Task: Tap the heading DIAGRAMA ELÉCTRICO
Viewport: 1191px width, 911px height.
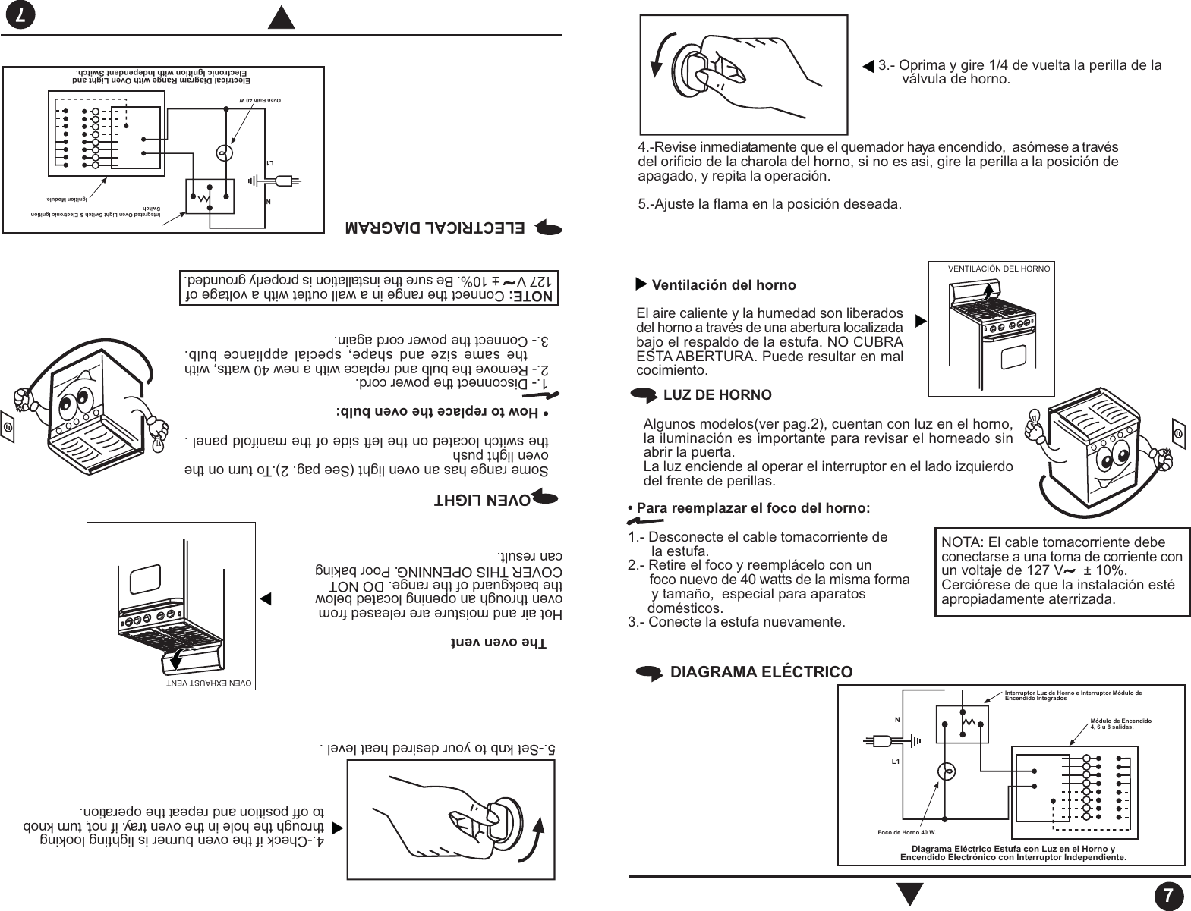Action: coord(761,672)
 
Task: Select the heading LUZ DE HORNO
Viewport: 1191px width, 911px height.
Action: coord(717,395)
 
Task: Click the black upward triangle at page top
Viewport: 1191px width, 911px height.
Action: coord(282,17)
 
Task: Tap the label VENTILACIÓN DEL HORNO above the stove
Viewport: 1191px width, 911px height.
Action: coord(999,269)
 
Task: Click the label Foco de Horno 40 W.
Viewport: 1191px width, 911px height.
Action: coord(903,832)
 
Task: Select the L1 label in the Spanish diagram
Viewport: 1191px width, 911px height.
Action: coord(896,760)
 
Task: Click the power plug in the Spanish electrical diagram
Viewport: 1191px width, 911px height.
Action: coord(881,740)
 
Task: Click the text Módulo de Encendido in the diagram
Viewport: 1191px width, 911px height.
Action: coord(1120,719)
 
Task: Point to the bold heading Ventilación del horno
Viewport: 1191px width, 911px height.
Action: coord(724,285)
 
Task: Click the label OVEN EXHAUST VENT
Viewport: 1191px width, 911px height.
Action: coord(209,682)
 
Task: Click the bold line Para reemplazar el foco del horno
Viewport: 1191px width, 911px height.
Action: coord(752,507)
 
